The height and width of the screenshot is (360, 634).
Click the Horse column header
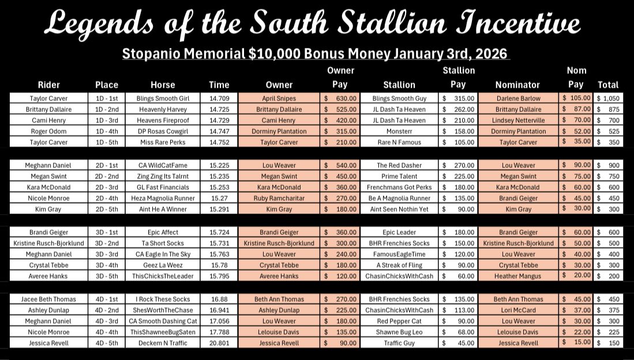click(x=163, y=85)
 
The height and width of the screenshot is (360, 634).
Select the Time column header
click(x=219, y=85)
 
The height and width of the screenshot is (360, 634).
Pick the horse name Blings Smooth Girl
click(x=163, y=99)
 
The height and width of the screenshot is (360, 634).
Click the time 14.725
click(x=219, y=110)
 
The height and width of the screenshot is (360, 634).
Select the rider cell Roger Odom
click(x=48, y=132)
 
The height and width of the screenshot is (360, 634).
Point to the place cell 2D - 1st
click(x=107, y=165)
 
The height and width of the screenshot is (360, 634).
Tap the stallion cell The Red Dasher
click(x=399, y=165)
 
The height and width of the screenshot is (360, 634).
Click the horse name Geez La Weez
click(x=163, y=265)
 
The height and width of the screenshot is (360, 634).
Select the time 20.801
click(x=219, y=343)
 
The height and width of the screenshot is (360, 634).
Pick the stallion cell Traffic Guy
click(x=399, y=343)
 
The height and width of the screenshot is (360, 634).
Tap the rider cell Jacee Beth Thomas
click(x=48, y=299)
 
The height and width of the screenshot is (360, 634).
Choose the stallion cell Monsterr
click(x=399, y=132)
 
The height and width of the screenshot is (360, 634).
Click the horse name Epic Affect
click(x=163, y=232)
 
